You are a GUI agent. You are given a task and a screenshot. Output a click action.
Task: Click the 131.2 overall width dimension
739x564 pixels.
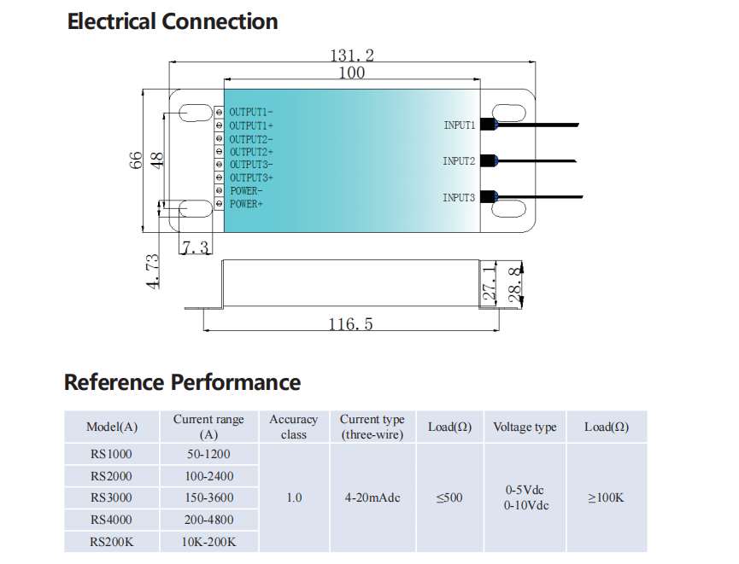[x=352, y=55]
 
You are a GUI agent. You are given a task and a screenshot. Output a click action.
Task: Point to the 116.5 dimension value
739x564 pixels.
[x=350, y=324]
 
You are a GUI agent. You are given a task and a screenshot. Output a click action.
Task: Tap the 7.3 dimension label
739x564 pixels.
[x=195, y=247]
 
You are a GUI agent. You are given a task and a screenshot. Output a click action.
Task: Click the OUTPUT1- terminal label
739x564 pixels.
[x=250, y=113]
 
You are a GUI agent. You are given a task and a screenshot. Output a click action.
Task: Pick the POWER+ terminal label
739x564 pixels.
[x=246, y=205]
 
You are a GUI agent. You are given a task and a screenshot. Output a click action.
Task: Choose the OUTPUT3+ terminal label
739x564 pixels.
[x=250, y=177]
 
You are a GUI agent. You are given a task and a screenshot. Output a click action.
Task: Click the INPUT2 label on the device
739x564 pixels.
[x=459, y=161]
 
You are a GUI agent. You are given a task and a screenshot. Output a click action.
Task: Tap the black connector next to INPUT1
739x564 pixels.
[x=488, y=125]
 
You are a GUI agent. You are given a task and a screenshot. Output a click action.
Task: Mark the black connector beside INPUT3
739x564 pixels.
[x=488, y=197]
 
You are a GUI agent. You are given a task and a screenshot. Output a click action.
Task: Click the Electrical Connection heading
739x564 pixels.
[x=173, y=21]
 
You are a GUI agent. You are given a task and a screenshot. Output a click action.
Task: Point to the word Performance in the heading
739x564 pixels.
[x=236, y=382]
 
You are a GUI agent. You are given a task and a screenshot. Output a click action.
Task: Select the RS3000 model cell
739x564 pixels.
[x=111, y=497]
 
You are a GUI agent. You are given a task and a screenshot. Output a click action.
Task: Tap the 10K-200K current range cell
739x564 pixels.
[x=208, y=542]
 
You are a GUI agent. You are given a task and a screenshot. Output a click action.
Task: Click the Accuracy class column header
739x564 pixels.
[x=293, y=427]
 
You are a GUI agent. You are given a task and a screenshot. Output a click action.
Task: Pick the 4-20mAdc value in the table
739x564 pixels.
[x=372, y=497]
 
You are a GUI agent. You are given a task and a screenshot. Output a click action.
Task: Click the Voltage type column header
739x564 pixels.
[x=525, y=427]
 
